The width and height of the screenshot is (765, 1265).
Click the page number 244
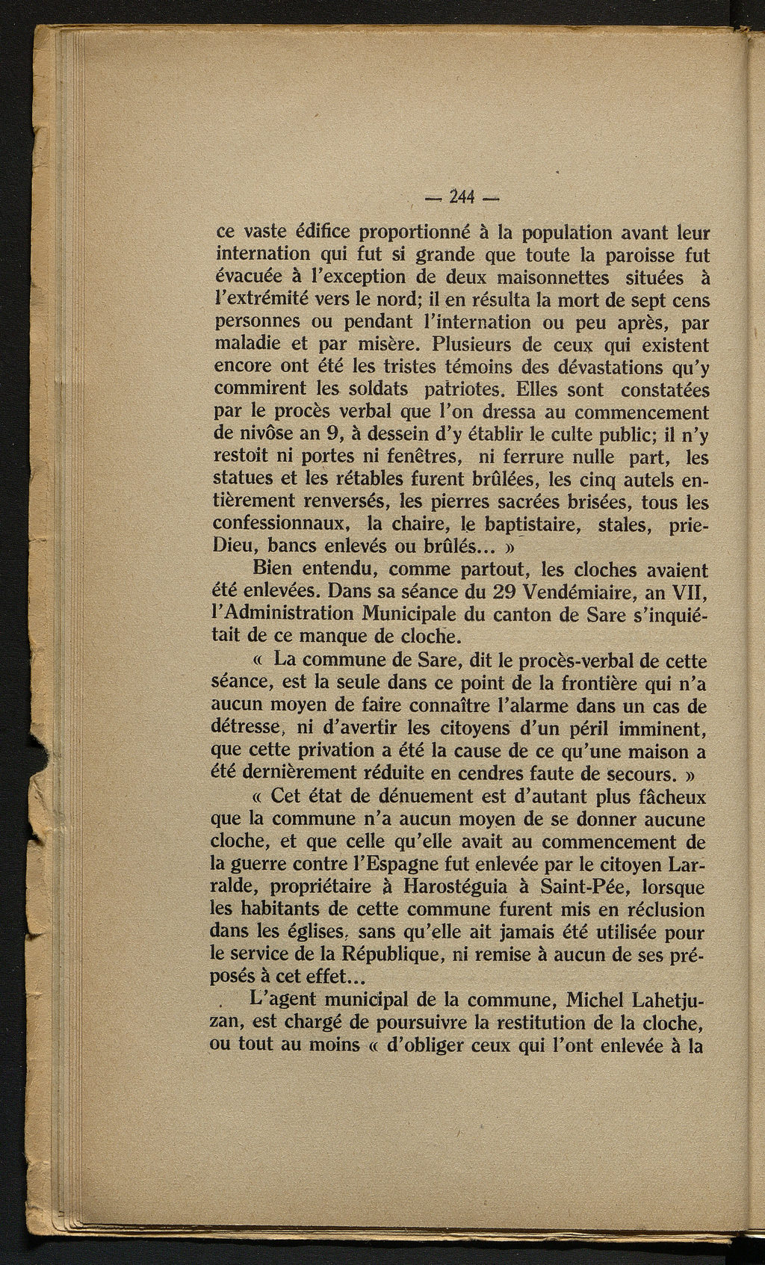(x=463, y=197)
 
